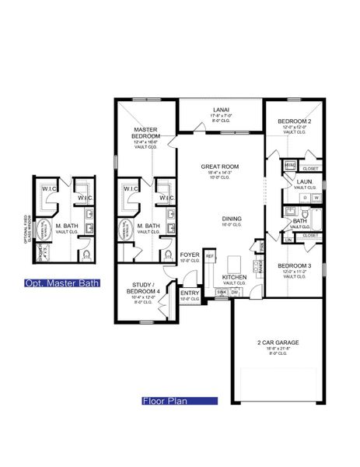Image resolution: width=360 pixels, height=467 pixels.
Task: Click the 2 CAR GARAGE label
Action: [277, 342]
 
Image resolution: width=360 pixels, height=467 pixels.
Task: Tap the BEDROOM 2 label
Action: [294, 122]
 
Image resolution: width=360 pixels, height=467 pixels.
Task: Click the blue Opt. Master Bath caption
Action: [62, 283]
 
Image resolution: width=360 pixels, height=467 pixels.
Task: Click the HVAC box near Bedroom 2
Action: [289, 165]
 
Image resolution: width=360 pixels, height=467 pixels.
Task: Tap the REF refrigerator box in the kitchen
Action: [209, 255]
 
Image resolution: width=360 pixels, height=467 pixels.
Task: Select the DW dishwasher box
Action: [235, 292]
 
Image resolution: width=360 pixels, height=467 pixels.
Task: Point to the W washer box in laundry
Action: [316, 198]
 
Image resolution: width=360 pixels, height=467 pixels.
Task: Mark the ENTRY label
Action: [190, 293]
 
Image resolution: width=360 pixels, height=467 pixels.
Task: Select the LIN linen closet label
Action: [288, 241]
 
